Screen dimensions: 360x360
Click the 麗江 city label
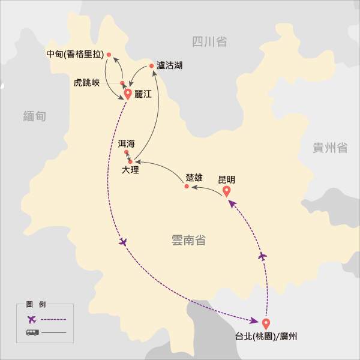pyautogui.click(x=144, y=94)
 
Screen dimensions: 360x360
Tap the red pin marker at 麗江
pyautogui.click(x=128, y=94)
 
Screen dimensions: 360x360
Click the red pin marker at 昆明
pyautogui.click(x=227, y=191)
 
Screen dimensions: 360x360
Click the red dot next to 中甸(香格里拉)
pyautogui.click(x=109, y=55)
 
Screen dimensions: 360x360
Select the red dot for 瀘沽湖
pyautogui.click(x=151, y=66)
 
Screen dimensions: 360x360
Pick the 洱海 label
pyautogui.click(x=127, y=143)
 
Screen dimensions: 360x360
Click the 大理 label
pyautogui.click(x=130, y=170)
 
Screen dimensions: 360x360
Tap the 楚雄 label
pyautogui.click(x=194, y=177)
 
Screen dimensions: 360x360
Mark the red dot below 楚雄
pyautogui.click(x=187, y=187)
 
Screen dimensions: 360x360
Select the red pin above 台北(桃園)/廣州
pyautogui.click(x=266, y=323)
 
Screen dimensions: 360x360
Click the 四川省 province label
pyautogui.click(x=209, y=41)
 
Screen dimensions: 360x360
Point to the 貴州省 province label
pyautogui.click(x=330, y=148)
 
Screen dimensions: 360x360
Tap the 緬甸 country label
pyautogui.click(x=34, y=116)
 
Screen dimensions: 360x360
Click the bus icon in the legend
pyautogui.click(x=32, y=332)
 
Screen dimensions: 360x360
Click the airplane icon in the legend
pyautogui.click(x=32, y=319)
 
